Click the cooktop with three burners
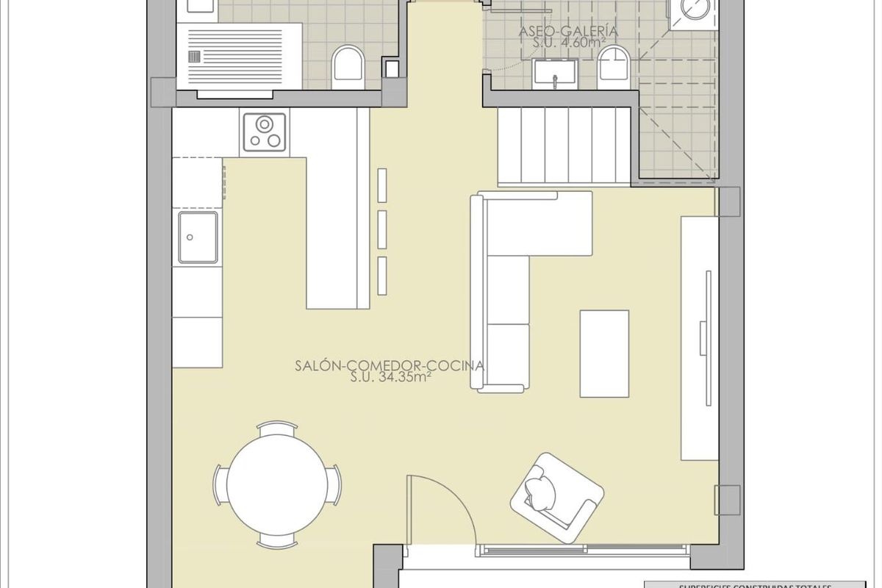pos(264,132)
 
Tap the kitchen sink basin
pos(197,237)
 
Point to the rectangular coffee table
pos(604,354)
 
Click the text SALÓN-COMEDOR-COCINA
pos(390,365)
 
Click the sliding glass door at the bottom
pos(584,549)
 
